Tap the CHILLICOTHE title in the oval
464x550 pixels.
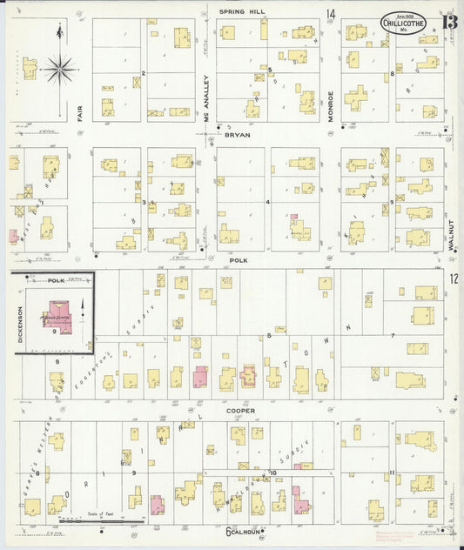coord(403,25)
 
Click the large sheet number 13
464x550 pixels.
coord(447,20)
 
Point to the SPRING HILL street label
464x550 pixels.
coord(243,11)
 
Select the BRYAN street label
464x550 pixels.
coord(238,136)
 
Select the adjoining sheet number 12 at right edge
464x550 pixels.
coord(454,278)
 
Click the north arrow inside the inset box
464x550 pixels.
coord(82,307)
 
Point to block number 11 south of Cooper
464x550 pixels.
coord(393,472)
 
